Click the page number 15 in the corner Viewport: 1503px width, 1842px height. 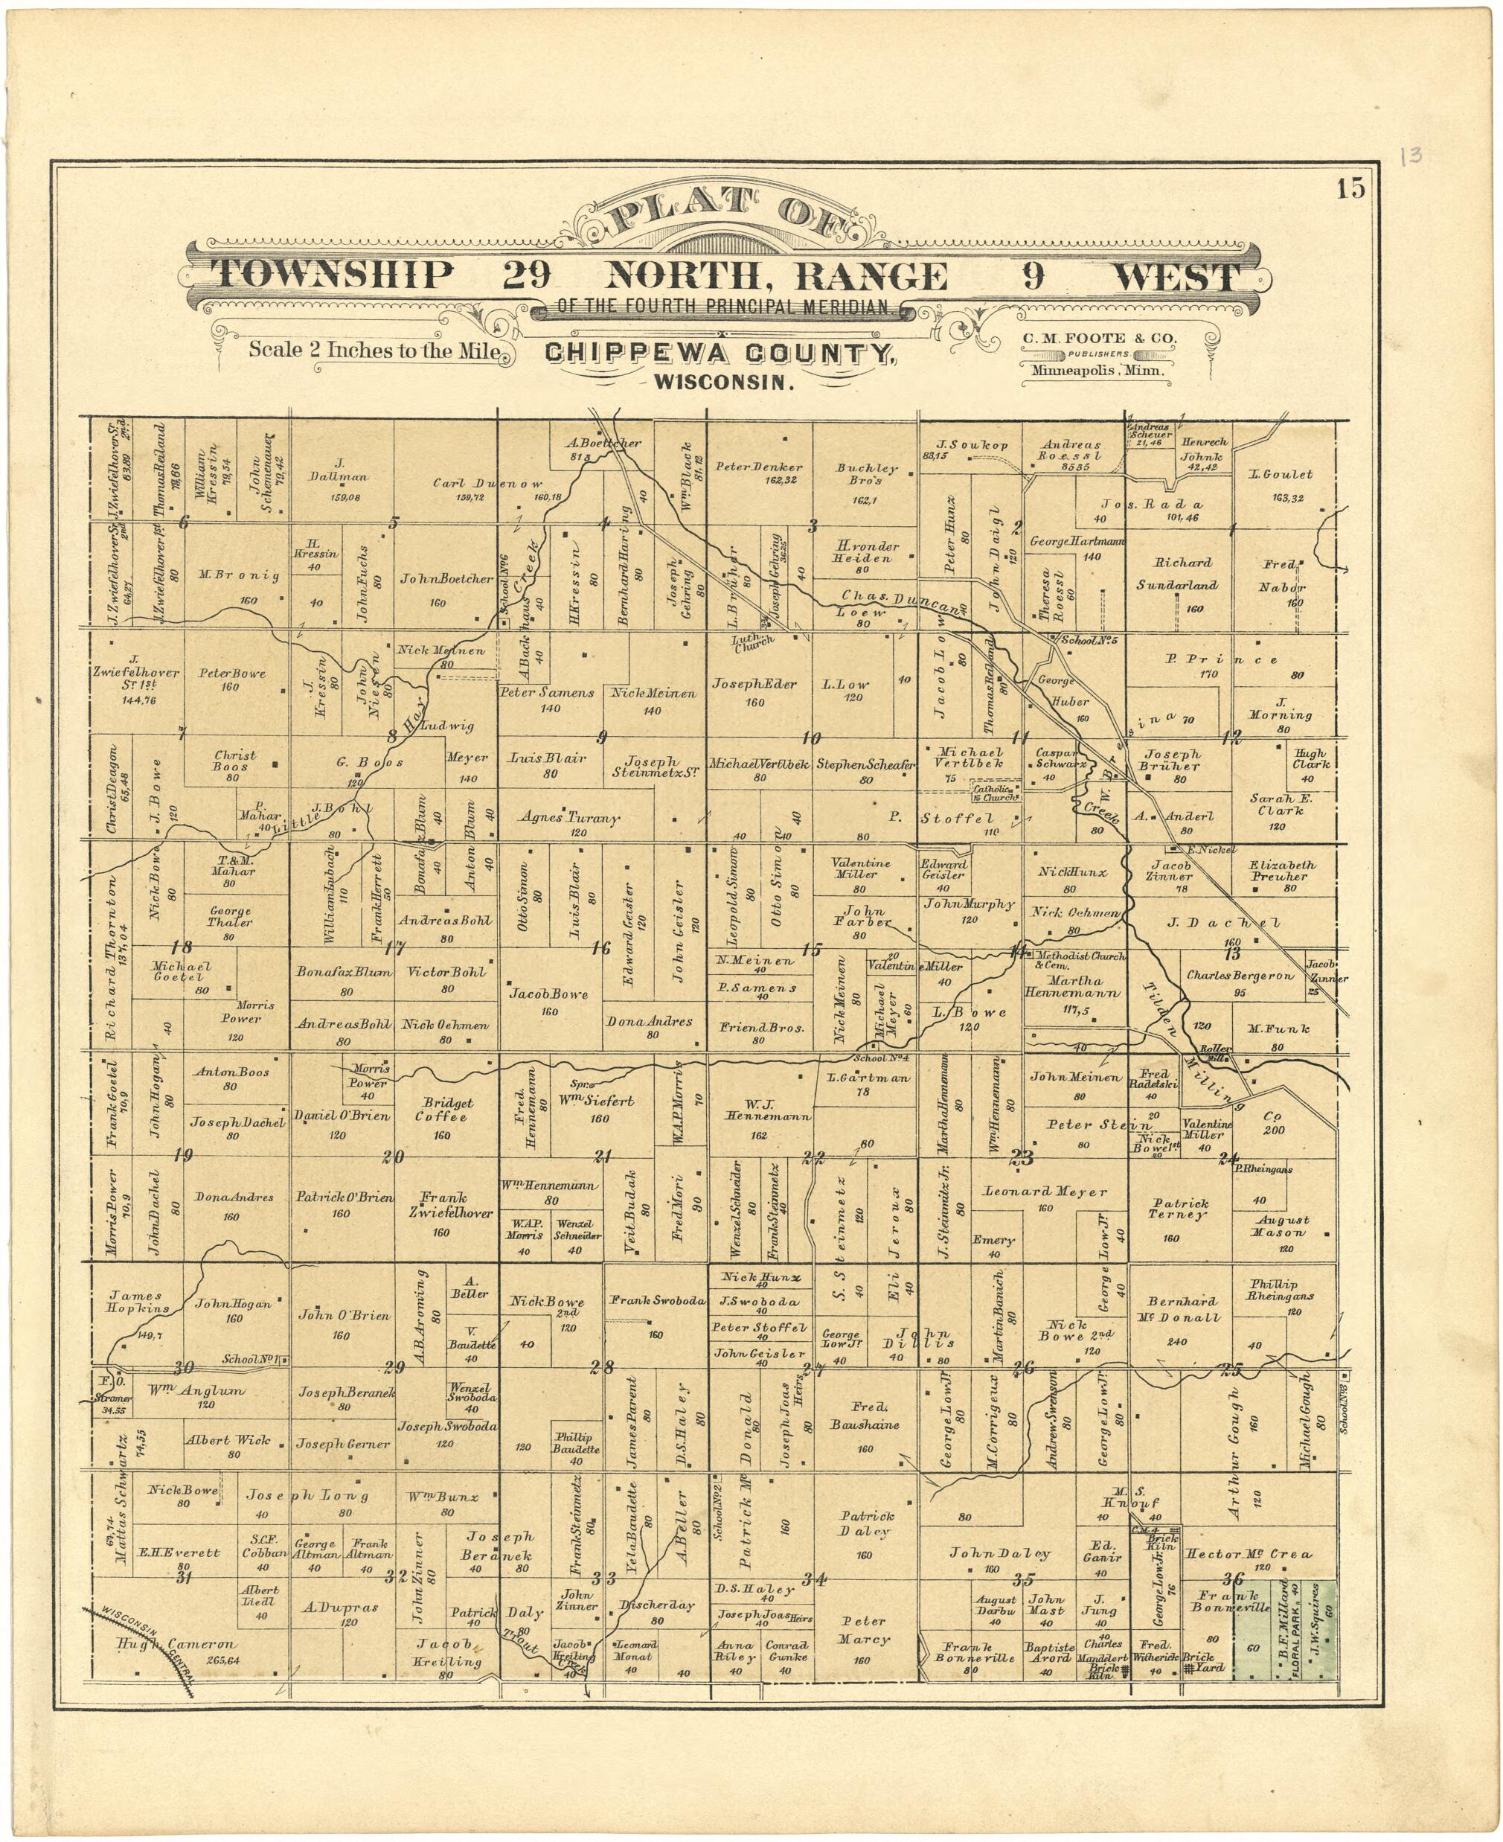[x=1350, y=189]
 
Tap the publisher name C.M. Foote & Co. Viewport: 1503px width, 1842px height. [x=1099, y=339]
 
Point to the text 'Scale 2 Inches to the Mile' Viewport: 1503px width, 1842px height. [x=374, y=351]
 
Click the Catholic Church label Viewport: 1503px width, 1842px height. [x=996, y=793]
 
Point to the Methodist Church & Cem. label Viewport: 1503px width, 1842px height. [x=1079, y=960]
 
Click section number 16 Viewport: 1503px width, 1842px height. [x=599, y=949]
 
